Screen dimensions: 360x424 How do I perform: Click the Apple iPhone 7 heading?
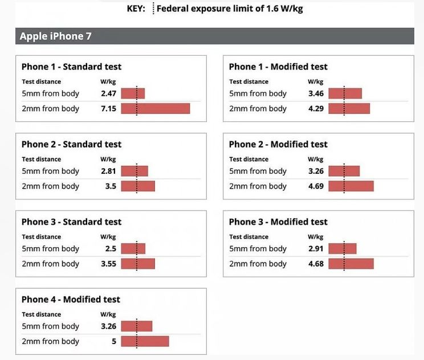pos(55,36)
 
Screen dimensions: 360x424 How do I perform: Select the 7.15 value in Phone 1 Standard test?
pos(108,108)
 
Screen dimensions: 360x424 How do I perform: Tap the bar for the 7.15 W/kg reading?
pos(155,108)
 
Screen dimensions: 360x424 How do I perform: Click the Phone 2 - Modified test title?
pos(278,144)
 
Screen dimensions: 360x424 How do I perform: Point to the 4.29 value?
pos(316,108)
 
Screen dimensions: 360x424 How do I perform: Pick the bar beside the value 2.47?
pos(133,93)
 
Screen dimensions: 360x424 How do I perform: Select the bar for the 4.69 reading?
pos(350,186)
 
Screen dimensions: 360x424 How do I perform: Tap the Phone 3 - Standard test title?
pos(71,222)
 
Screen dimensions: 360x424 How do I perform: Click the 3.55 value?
pos(108,264)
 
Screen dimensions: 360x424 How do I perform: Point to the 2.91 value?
pos(316,248)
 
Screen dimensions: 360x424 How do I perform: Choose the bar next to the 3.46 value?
pos(345,93)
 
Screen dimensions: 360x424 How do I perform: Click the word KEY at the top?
pos(136,9)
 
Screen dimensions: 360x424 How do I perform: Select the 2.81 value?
pos(108,171)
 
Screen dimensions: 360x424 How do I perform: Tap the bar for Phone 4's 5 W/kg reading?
pos(145,341)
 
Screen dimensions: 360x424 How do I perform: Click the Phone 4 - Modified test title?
pos(71,299)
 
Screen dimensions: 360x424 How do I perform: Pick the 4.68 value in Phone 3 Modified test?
pos(316,264)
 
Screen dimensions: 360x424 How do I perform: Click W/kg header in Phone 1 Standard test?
pos(108,81)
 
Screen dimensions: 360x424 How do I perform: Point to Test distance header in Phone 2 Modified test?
pos(248,159)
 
